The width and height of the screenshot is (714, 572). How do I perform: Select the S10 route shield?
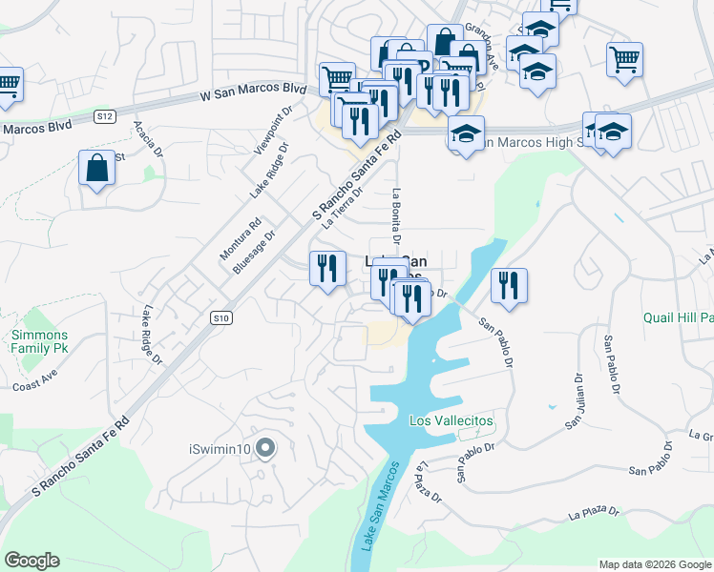point(220,317)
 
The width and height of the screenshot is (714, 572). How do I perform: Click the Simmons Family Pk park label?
point(38,342)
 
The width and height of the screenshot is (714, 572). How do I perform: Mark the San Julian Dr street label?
point(577,400)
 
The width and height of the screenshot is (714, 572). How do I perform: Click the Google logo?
point(31,561)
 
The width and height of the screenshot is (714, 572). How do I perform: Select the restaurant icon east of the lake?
point(509,285)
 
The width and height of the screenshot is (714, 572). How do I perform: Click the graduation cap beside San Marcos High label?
point(466,133)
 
